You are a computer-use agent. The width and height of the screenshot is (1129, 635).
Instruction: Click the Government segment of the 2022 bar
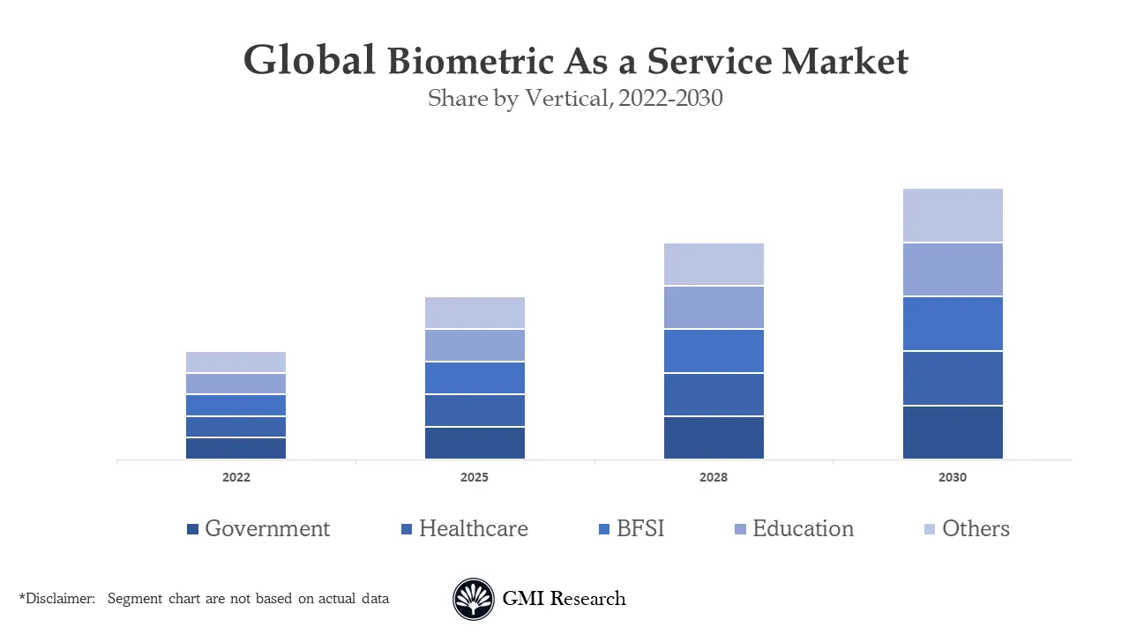point(236,448)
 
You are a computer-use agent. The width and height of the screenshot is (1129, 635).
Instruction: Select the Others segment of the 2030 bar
point(953,215)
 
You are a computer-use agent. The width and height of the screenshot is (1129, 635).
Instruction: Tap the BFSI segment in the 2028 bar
point(714,351)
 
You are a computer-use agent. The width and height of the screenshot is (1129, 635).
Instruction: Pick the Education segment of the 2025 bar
point(475,346)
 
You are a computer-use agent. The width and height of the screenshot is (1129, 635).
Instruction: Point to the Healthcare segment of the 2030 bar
point(953,378)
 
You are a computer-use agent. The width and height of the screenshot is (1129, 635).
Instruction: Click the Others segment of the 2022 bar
point(236,362)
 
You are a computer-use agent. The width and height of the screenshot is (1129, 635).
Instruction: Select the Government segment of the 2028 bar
point(714,437)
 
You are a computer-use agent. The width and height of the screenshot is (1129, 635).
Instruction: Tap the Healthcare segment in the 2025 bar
point(475,410)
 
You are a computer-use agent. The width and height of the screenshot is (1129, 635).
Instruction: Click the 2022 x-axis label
point(236,477)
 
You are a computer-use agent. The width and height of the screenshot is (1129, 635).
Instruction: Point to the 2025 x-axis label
point(475,477)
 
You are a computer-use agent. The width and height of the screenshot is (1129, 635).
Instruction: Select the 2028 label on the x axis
point(714,477)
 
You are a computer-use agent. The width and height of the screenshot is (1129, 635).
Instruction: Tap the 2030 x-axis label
point(953,477)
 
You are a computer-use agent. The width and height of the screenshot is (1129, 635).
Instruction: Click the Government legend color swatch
point(192,529)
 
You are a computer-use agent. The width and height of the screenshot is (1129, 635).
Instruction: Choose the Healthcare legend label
point(473,528)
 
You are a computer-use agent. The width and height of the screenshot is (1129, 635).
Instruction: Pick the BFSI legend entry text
point(640,528)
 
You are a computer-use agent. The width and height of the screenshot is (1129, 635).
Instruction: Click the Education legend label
point(803,528)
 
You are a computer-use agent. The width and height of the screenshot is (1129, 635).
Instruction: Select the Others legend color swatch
point(930,529)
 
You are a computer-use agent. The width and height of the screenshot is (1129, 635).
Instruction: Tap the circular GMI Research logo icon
point(474,600)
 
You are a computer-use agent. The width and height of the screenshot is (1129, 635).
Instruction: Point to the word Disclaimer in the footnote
point(58,599)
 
